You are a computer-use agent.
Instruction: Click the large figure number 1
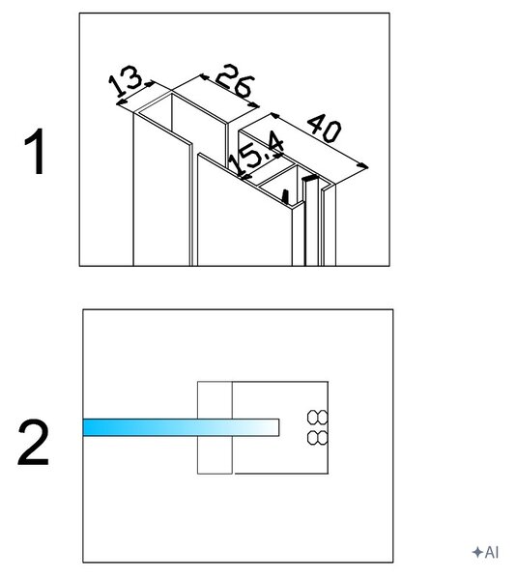[x=35, y=151]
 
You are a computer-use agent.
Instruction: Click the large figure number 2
[x=33, y=443]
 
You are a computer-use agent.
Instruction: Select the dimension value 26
[x=235, y=80]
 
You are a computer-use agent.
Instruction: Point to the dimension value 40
[x=325, y=128]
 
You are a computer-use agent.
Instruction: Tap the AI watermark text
[x=492, y=552]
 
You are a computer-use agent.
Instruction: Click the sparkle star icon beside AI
[x=477, y=552]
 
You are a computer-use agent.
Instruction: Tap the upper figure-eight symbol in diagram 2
[x=318, y=418]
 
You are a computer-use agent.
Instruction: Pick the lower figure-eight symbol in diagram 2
[x=318, y=437]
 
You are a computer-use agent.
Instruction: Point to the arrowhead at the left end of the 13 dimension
[x=121, y=101]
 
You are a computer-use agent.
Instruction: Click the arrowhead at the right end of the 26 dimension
[x=255, y=105]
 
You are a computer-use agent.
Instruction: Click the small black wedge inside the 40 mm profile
[x=285, y=196]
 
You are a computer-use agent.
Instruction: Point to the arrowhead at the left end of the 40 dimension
[x=274, y=115]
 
